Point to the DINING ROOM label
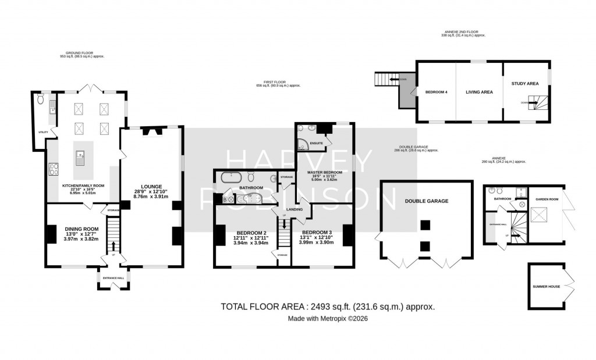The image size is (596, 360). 81,229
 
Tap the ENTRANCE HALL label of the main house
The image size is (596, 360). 113,278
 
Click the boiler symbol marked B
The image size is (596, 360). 225,200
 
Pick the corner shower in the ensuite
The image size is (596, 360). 302,145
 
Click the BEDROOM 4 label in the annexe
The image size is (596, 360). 436,92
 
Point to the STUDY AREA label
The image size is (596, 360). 524,84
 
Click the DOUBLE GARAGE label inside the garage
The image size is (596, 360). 426,201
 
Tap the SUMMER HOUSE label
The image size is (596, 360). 545,287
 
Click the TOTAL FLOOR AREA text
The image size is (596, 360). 328,306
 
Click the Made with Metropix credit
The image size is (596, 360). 328,319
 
